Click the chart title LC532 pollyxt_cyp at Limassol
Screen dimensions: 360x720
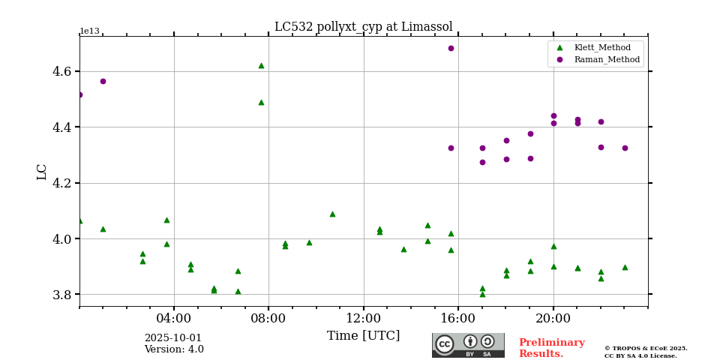[x=363, y=27]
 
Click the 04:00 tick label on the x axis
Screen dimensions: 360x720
[x=174, y=318]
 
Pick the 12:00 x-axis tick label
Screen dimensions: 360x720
[x=364, y=318]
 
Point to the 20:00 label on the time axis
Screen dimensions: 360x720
[x=553, y=318]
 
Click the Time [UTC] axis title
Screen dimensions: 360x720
[x=363, y=336]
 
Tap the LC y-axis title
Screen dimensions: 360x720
[x=42, y=172]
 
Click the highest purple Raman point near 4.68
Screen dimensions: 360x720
[x=451, y=48]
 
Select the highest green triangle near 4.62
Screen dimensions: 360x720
[x=261, y=65]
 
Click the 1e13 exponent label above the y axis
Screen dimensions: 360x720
[x=89, y=31]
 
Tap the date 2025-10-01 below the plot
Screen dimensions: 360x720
[x=173, y=338]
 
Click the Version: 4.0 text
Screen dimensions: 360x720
[x=174, y=349]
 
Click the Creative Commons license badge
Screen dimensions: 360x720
[x=468, y=345]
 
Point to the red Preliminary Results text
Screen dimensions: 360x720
[x=551, y=348]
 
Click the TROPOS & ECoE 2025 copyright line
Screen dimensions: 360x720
[x=646, y=349]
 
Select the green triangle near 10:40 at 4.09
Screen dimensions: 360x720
[x=332, y=214]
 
